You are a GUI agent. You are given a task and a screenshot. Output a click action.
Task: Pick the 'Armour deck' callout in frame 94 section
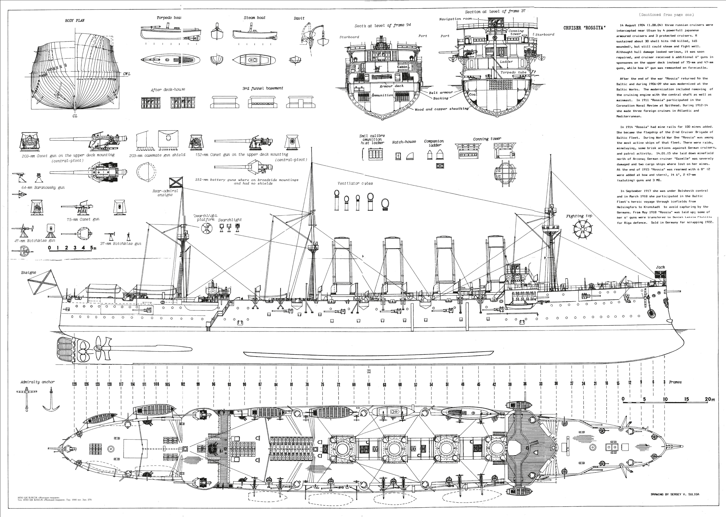[x=391, y=86]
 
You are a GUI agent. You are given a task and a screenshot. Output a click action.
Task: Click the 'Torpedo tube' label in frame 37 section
[x=513, y=72]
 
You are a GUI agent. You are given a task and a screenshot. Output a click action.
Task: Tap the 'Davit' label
[x=299, y=18]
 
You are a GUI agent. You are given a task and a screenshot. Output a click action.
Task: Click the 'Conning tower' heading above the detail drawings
[x=487, y=139]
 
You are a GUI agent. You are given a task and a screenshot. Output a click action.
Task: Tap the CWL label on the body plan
[x=126, y=74]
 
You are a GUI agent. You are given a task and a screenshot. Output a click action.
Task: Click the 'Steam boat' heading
[x=254, y=18]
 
